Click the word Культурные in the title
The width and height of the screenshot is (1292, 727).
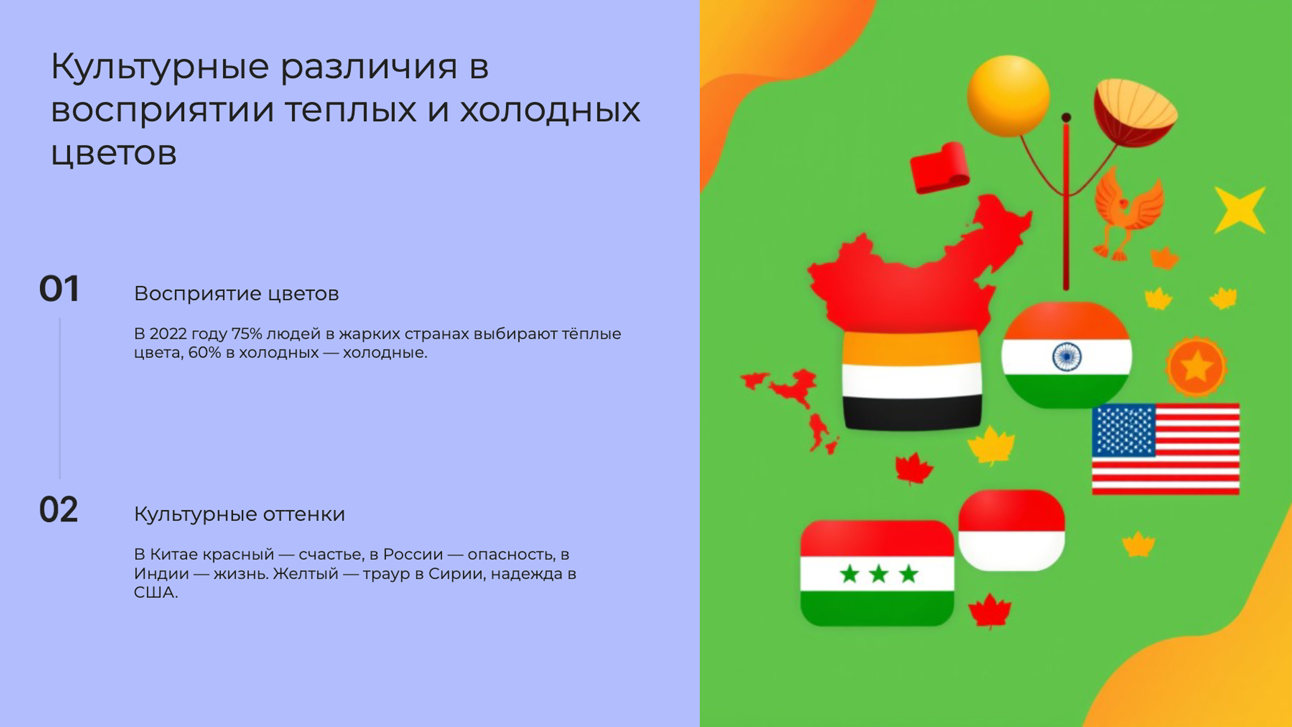[160, 67]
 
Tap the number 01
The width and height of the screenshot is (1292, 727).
[59, 289]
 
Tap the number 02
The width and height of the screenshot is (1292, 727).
[59, 510]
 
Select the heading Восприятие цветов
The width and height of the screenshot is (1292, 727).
[236, 294]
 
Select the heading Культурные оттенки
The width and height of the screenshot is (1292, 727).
[239, 514]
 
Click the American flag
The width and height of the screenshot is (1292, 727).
[1166, 449]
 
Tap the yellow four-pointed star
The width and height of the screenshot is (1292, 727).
[1239, 210]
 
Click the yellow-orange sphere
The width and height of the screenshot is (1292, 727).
[1008, 95]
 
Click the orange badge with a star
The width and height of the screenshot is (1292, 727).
[1196, 366]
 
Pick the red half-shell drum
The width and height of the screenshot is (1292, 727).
[1135, 113]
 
